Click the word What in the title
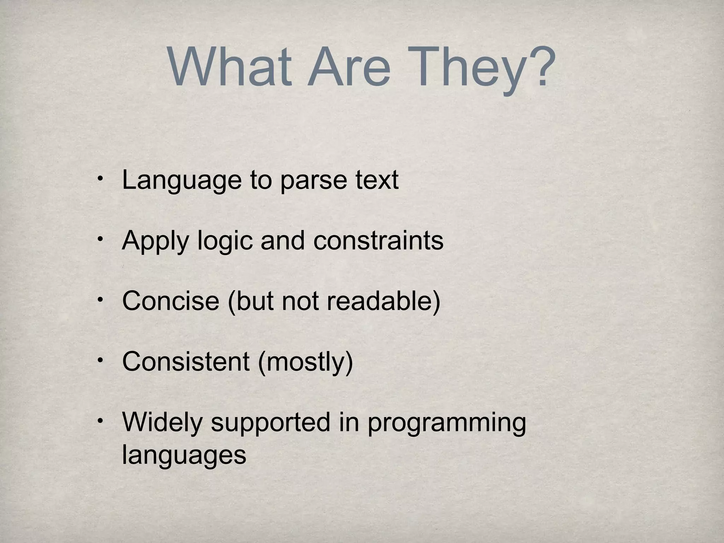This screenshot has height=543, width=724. tap(230, 67)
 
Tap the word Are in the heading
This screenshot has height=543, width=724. tap(349, 67)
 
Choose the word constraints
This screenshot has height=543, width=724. tap(378, 240)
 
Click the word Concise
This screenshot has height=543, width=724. tap(170, 301)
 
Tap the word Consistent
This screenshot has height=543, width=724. tap(186, 361)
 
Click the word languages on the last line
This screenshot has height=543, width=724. tap(184, 455)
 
